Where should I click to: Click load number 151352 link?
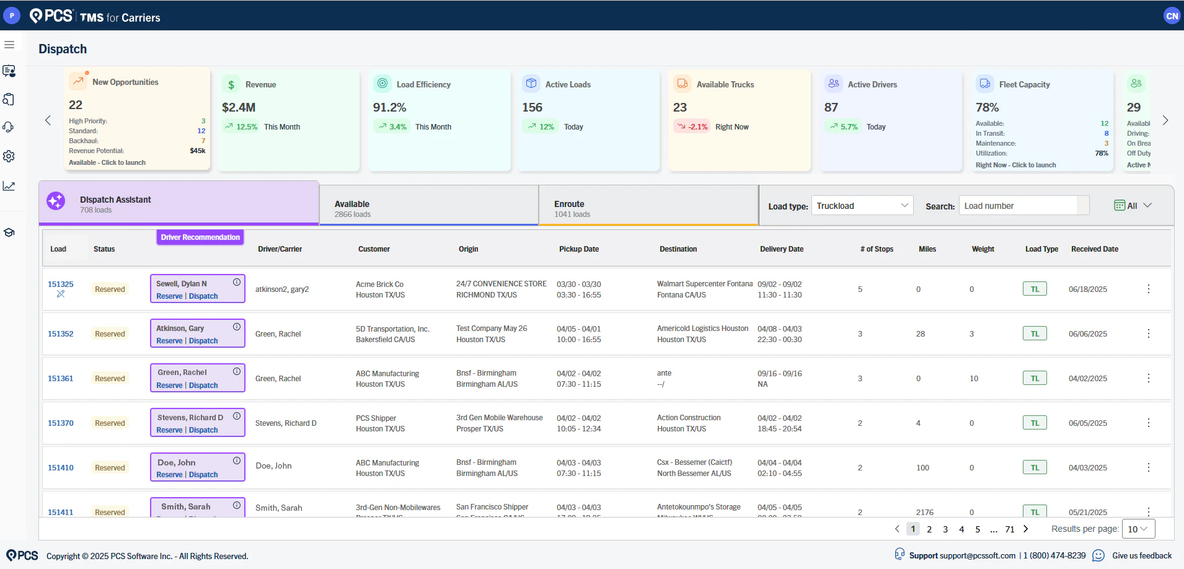pyautogui.click(x=61, y=334)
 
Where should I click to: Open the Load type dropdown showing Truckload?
pyautogui.click(x=862, y=206)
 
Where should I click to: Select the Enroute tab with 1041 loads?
pyautogui.click(x=648, y=208)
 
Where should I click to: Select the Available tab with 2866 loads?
pyautogui.click(x=428, y=208)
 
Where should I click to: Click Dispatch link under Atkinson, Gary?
pyautogui.click(x=203, y=341)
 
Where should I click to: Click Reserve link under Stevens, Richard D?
pyautogui.click(x=169, y=430)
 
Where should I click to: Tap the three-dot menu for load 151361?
pyautogui.click(x=1148, y=378)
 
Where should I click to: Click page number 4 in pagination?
pyautogui.click(x=961, y=529)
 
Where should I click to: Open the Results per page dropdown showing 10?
pyautogui.click(x=1138, y=529)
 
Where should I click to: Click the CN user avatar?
pyautogui.click(x=1172, y=16)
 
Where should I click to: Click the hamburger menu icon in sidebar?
pyautogui.click(x=9, y=45)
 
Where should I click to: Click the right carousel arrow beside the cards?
pyautogui.click(x=1165, y=120)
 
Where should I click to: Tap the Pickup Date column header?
pyautogui.click(x=578, y=249)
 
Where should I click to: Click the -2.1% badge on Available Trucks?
pyautogui.click(x=692, y=127)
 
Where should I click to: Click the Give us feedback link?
pyautogui.click(x=1141, y=556)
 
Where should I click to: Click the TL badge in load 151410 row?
pyautogui.click(x=1035, y=468)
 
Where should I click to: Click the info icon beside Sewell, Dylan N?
pyautogui.click(x=237, y=282)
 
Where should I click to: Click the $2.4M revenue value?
pyautogui.click(x=239, y=107)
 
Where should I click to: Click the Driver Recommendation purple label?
pyautogui.click(x=200, y=237)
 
